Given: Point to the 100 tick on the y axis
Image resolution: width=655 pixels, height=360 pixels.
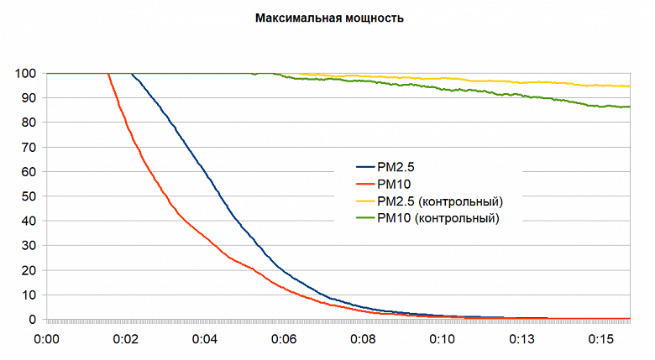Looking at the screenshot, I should (x=24, y=74).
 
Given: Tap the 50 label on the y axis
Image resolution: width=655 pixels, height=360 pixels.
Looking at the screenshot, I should (x=28, y=196).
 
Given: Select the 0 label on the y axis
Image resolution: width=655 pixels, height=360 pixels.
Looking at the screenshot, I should (x=31, y=320).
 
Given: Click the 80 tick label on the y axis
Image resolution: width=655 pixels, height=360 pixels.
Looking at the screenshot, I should (x=28, y=123).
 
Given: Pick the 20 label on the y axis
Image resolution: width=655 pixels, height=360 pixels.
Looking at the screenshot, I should (x=28, y=270).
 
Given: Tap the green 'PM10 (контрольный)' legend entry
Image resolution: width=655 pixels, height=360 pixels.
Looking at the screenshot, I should (x=437, y=219).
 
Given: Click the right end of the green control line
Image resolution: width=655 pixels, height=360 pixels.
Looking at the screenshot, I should (x=629, y=107).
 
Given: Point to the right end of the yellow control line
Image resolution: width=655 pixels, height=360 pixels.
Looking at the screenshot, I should (x=629, y=86).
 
